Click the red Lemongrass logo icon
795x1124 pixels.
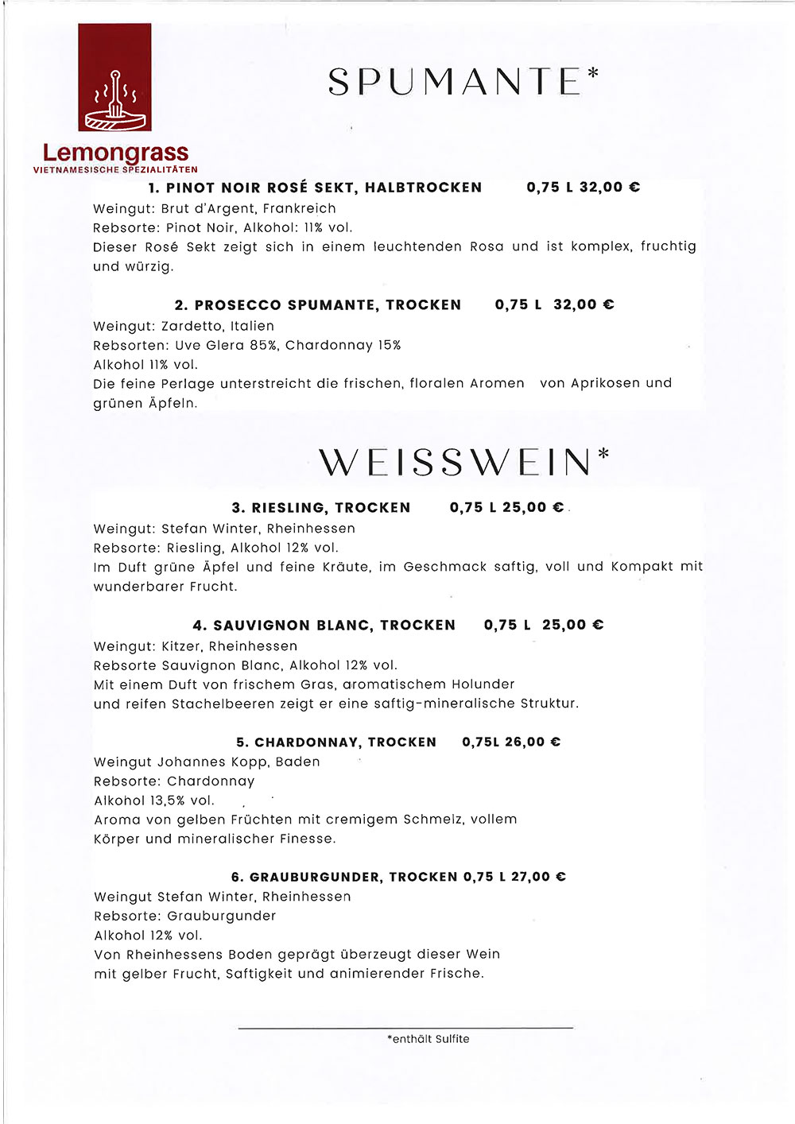tap(114, 77)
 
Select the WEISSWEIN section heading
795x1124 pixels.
tap(456, 463)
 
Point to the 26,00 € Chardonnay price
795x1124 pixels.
tap(532, 742)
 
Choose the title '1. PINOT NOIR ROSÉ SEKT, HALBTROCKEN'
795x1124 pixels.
tap(315, 188)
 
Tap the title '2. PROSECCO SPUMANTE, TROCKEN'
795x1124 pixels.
tap(317, 305)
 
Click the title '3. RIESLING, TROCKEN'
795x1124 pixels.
tap(321, 508)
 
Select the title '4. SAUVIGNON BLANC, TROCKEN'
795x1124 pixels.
tap(324, 626)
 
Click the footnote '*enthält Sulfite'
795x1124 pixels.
tap(428, 1039)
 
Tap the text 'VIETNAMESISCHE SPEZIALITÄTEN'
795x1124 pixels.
tap(115, 169)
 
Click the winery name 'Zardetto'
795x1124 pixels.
tap(191, 326)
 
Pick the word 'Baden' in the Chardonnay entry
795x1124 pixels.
tap(297, 762)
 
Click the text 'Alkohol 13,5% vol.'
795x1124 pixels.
tap(154, 800)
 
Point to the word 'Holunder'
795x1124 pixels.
tap(483, 684)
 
